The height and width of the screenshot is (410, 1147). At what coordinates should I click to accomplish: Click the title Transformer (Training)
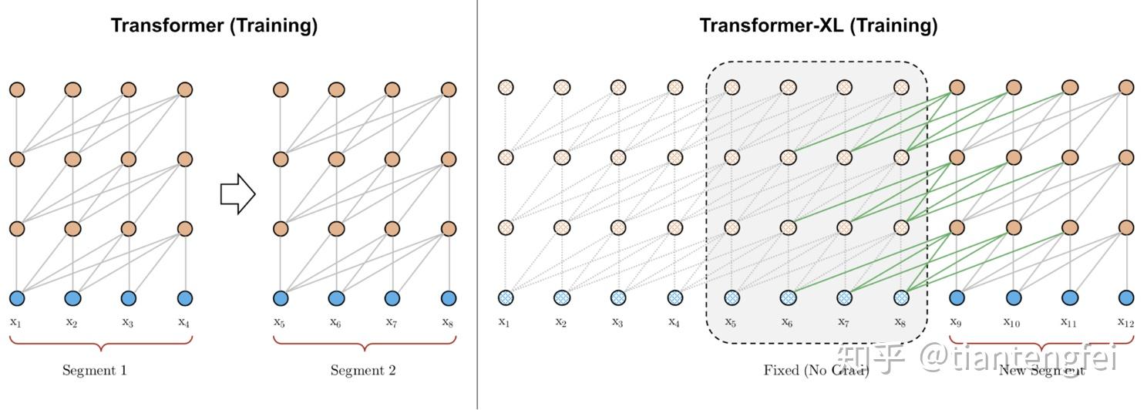(214, 25)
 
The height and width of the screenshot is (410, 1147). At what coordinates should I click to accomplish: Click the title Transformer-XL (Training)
(818, 25)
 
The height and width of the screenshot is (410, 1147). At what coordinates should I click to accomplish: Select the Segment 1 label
(94, 371)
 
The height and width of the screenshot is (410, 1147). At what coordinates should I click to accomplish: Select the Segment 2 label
(363, 371)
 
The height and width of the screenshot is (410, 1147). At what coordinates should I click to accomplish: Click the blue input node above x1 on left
(17, 298)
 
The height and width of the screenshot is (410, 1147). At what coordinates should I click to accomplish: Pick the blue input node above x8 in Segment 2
(449, 298)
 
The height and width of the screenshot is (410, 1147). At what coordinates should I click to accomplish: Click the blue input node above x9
(957, 297)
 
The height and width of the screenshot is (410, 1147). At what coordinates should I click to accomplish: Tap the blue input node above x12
(1126, 297)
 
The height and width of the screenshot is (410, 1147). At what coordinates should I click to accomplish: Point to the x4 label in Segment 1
(183, 322)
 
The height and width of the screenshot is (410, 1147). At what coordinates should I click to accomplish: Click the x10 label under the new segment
(1012, 322)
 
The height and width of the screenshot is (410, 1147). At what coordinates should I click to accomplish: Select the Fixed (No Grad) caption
(816, 371)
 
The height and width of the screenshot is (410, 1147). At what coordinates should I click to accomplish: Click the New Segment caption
(1041, 371)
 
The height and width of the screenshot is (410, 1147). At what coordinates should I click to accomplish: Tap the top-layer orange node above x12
(1126, 87)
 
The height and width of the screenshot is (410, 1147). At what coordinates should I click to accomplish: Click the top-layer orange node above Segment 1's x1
(17, 89)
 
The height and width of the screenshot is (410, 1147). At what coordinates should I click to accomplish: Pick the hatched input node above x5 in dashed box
(732, 297)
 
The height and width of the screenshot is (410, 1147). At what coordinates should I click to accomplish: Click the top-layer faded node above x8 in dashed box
(901, 87)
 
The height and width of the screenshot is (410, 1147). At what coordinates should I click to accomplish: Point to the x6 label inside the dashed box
(787, 322)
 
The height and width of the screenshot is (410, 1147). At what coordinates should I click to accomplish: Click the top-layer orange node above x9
(957, 87)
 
